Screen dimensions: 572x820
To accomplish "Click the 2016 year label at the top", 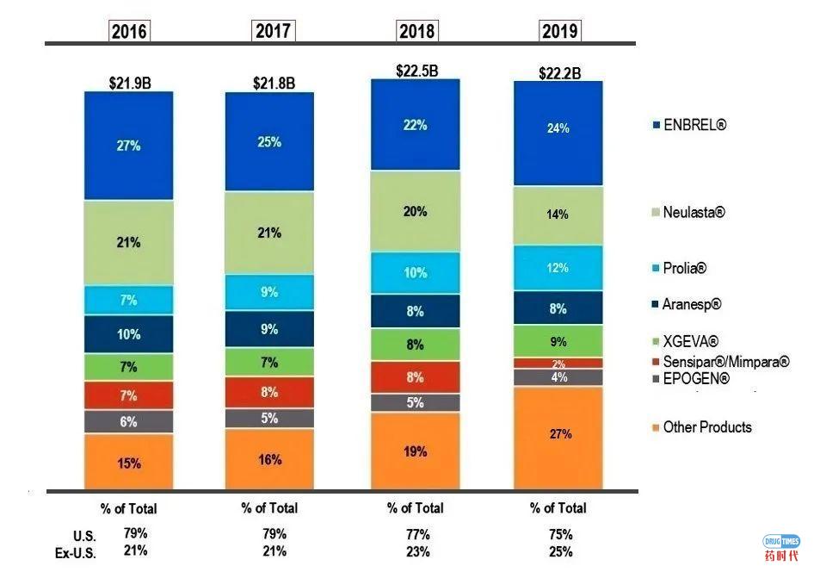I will (x=128, y=32).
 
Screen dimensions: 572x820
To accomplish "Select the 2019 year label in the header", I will (x=559, y=32).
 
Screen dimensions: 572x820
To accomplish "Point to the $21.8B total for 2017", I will (x=274, y=84).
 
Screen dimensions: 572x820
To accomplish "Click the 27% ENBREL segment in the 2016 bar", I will (x=128, y=146).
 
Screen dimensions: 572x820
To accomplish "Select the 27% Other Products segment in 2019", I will (x=560, y=434).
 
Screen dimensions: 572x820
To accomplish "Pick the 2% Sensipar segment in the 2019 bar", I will (x=558, y=364).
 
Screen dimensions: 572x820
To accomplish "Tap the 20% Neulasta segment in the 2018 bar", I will (x=415, y=211).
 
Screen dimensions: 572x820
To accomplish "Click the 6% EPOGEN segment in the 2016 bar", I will (x=128, y=422).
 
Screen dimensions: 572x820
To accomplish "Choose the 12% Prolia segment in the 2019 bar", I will (x=558, y=268).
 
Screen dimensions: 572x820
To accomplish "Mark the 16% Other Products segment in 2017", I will (x=269, y=459).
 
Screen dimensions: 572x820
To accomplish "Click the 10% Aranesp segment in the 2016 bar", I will (x=128, y=334).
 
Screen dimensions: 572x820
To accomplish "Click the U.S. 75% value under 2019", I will (x=559, y=534).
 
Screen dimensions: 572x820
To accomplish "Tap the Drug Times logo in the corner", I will (x=780, y=546).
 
